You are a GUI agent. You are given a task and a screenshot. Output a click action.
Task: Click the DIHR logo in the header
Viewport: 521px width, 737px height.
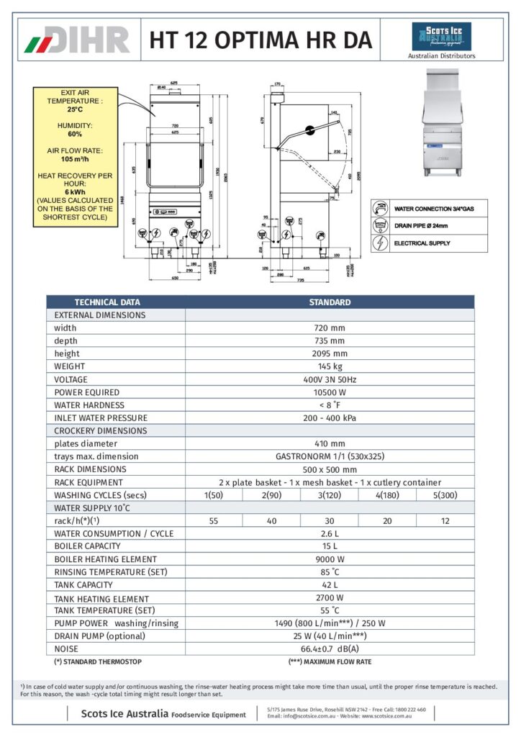[78, 40]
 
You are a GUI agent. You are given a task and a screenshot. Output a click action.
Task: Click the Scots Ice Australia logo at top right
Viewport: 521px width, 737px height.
[441, 36]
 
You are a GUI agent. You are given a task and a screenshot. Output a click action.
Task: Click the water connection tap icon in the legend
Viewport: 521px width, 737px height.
[381, 209]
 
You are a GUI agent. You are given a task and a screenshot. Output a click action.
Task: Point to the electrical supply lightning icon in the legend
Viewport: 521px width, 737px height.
[381, 243]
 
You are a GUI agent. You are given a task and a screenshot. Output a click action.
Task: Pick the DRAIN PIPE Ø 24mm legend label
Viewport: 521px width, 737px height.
[421, 226]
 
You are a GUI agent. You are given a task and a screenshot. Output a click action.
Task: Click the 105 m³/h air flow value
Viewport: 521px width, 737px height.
[75, 159]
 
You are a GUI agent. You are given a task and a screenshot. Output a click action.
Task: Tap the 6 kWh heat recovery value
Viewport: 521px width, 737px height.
[75, 192]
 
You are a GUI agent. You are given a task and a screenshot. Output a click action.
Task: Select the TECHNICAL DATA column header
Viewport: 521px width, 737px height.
[108, 302]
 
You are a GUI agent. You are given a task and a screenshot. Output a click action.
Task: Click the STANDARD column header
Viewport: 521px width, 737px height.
[330, 302]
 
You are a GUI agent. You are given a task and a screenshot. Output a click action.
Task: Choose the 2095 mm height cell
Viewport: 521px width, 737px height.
[330, 353]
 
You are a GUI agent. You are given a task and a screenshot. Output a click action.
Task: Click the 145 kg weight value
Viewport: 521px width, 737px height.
[330, 366]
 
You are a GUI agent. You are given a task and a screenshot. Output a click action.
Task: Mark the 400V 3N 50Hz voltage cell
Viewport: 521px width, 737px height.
[330, 379]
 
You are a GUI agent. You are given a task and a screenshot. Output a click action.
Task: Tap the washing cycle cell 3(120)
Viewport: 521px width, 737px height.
[330, 495]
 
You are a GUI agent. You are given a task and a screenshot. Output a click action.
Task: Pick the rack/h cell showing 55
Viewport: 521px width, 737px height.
[214, 521]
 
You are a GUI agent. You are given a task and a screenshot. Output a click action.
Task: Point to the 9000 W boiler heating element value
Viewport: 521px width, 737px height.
[330, 559]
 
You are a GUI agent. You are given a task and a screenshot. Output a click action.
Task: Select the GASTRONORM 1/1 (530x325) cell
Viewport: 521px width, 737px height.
[330, 456]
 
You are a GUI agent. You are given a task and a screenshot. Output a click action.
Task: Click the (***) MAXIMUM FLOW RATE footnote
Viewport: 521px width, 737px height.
[330, 661]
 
